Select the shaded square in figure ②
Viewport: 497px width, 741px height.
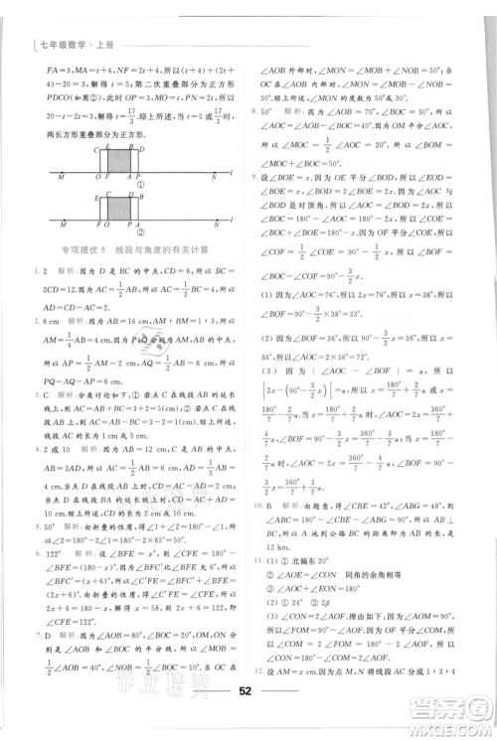[120, 209]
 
